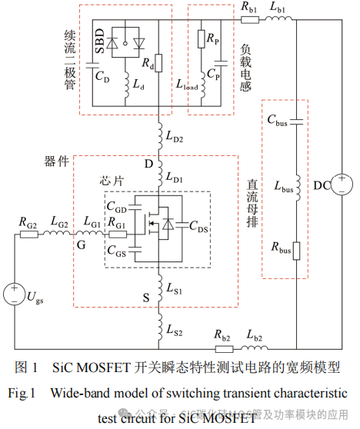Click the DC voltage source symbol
point(345,185)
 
